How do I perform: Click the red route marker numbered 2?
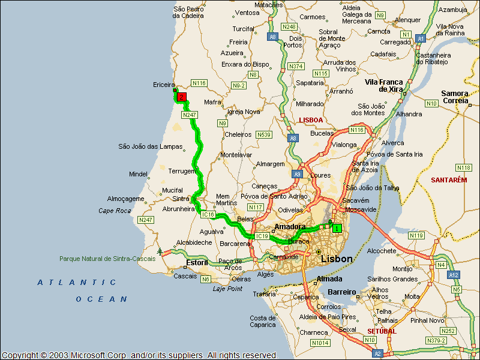click(x=181, y=96)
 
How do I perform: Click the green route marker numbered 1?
click(x=337, y=228)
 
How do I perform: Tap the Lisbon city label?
click(x=337, y=259)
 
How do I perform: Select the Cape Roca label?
click(x=115, y=211)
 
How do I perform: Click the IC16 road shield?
click(x=208, y=214)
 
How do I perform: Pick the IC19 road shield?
click(x=262, y=236)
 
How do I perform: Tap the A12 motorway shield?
click(x=454, y=274)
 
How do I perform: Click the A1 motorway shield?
click(x=421, y=38)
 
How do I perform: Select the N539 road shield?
click(x=263, y=134)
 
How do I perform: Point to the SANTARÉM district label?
click(x=448, y=180)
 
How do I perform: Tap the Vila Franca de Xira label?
click(x=383, y=85)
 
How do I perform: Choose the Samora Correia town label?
click(x=454, y=97)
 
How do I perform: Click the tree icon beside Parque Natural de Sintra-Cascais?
click(x=160, y=251)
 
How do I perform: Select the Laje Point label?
click(x=227, y=289)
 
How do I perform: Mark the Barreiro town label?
click(x=343, y=293)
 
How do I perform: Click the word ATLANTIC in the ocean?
click(x=77, y=282)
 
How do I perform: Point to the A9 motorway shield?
click(x=297, y=174)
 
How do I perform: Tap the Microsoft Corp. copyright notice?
click(x=139, y=355)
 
